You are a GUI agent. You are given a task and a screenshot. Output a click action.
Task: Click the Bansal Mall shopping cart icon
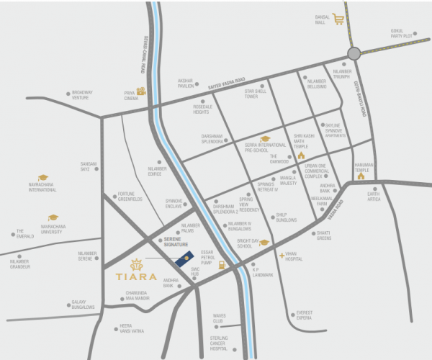pos(338,19)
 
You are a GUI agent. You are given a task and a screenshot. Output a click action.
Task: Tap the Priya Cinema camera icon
pos(141,91)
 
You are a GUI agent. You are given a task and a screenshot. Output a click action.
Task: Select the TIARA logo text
pos(135,274)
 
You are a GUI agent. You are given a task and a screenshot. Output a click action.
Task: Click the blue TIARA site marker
pos(186,257)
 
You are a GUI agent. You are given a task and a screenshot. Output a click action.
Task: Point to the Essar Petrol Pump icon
pos(222,265)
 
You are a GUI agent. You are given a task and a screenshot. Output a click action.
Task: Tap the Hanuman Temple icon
pos(361,175)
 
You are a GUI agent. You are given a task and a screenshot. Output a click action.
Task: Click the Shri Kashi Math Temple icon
pos(301,155)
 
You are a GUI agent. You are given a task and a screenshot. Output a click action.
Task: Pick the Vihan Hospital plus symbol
pos(282,255)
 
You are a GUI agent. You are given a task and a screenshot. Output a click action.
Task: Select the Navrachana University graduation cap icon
pos(53,217)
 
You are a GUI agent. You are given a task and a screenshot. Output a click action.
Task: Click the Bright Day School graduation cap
pos(264,243)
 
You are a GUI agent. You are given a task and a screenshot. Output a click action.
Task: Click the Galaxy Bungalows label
pos(83,305)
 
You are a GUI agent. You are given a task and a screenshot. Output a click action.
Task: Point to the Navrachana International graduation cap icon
pos(42,177)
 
